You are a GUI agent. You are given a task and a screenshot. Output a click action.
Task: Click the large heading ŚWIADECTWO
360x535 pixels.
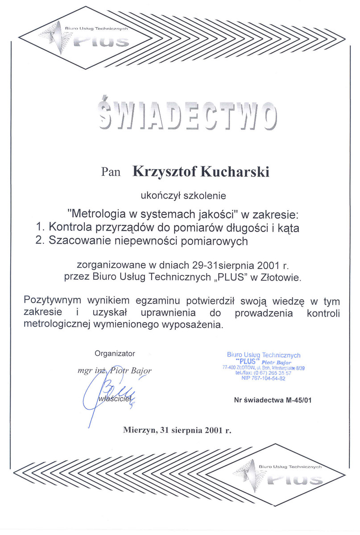[188, 113]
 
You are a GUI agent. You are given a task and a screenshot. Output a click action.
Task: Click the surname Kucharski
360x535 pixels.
[236, 172]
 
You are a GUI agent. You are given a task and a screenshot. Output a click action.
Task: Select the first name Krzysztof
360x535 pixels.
[164, 172]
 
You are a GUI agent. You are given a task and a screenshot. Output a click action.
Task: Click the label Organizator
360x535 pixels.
[115, 353]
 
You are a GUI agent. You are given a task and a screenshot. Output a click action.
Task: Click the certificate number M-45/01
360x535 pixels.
[298, 400]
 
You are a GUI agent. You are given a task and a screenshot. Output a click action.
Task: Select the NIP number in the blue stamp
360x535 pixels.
[269, 378]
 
